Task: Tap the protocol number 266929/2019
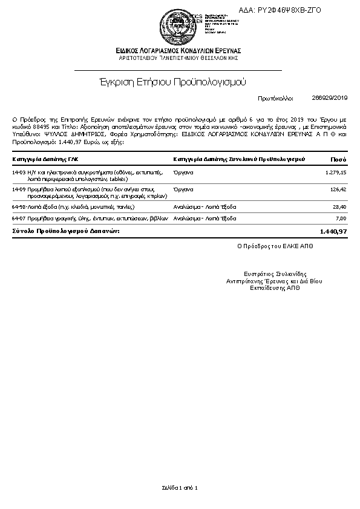coord(330,97)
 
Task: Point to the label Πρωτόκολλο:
coord(275,97)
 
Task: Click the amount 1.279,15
coord(335,172)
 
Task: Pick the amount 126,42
coord(337,189)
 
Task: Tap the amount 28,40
coord(340,207)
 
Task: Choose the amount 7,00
coord(341,218)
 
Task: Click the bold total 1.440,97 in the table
coord(333,231)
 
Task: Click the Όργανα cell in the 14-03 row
coord(183,172)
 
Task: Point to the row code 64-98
coord(18,207)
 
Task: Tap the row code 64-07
coord(18,218)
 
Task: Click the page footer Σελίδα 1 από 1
coord(180,487)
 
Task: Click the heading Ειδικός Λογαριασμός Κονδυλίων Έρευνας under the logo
coord(179,50)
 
